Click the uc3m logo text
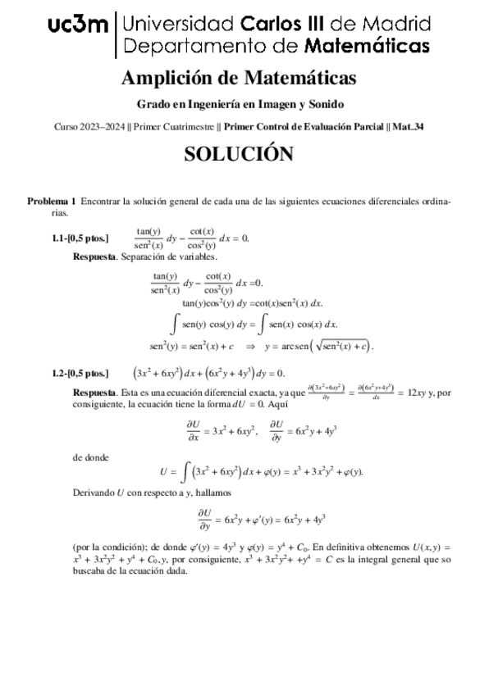pyautogui.click(x=78, y=26)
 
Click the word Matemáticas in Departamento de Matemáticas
pyautogui.click(x=367, y=44)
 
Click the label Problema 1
pyautogui.click(x=52, y=201)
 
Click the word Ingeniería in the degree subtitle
pyautogui.click(x=225, y=104)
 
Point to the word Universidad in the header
pyautogui.click(x=171, y=22)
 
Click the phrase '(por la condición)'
pyautogui.click(x=109, y=546)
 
